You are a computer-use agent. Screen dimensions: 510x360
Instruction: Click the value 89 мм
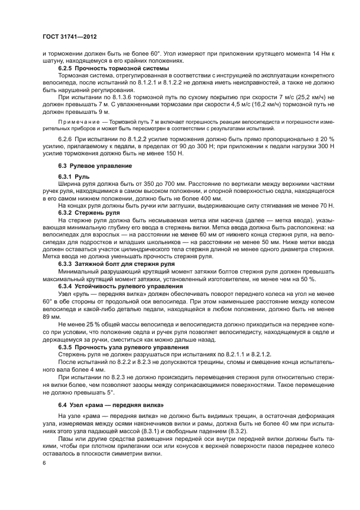coord(50,316)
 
